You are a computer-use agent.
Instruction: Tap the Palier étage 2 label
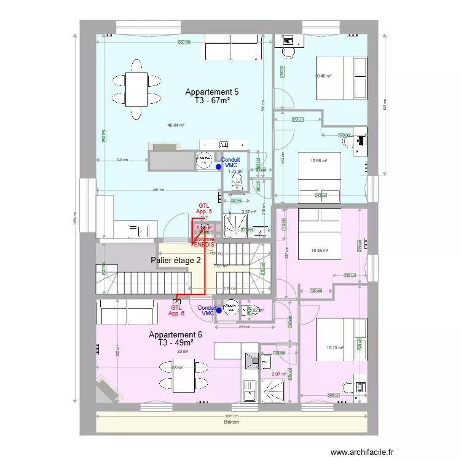click(x=176, y=260)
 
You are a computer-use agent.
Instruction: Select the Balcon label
click(x=231, y=422)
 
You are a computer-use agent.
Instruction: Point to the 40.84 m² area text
click(x=176, y=125)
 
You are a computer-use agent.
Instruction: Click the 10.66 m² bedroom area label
click(x=318, y=160)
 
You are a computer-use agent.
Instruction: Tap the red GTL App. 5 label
click(x=204, y=209)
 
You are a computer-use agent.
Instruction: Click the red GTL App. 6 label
click(x=176, y=311)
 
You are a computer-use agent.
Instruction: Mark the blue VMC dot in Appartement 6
click(x=219, y=310)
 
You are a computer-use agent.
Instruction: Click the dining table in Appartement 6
click(x=176, y=376)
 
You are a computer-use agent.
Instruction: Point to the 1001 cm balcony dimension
click(x=231, y=416)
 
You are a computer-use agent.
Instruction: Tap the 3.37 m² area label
click(x=248, y=211)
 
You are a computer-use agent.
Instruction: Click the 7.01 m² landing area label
click(x=220, y=266)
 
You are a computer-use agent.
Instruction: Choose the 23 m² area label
click(x=183, y=351)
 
